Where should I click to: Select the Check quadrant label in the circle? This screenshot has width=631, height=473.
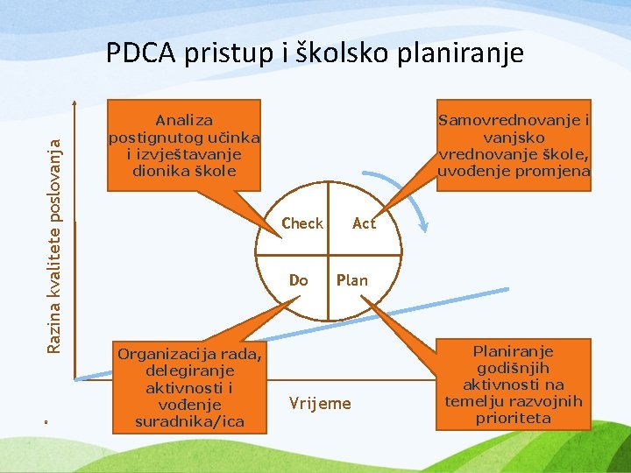point(302,223)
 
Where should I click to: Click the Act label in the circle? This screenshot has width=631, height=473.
point(364,223)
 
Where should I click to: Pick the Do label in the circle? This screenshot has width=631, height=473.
point(299,280)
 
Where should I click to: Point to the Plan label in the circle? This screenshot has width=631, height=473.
point(351,280)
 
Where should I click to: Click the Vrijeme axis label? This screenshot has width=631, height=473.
point(319,404)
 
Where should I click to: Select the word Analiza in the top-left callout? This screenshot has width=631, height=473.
point(184,120)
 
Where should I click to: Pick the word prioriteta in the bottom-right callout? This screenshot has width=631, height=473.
point(513,418)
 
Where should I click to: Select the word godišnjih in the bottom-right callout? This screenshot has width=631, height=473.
point(514,368)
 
